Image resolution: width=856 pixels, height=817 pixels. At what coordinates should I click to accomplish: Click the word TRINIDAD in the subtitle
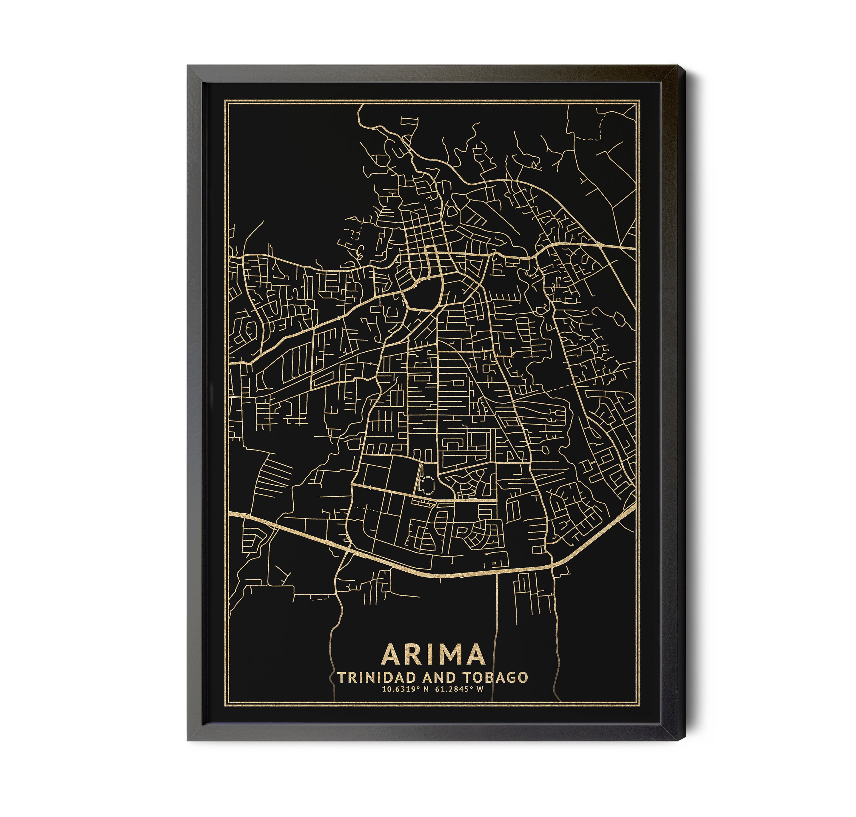[x=372, y=678]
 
